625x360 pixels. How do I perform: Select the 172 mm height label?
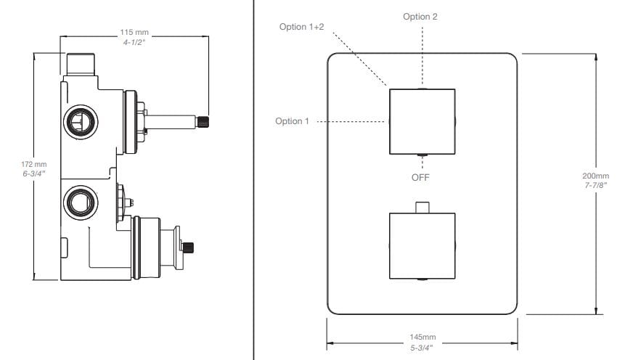click(34, 165)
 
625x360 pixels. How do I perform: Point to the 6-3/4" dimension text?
click(34, 174)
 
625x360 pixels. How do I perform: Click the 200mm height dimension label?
click(595, 176)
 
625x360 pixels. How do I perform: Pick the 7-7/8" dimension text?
click(595, 186)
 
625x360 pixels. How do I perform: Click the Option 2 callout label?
click(420, 16)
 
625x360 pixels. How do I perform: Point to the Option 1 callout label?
click(292, 121)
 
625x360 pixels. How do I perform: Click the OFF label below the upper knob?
click(421, 176)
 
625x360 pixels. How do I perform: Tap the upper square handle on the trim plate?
click(422, 121)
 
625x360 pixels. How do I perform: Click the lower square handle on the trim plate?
click(422, 246)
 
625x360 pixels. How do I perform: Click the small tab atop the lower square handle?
click(421, 208)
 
